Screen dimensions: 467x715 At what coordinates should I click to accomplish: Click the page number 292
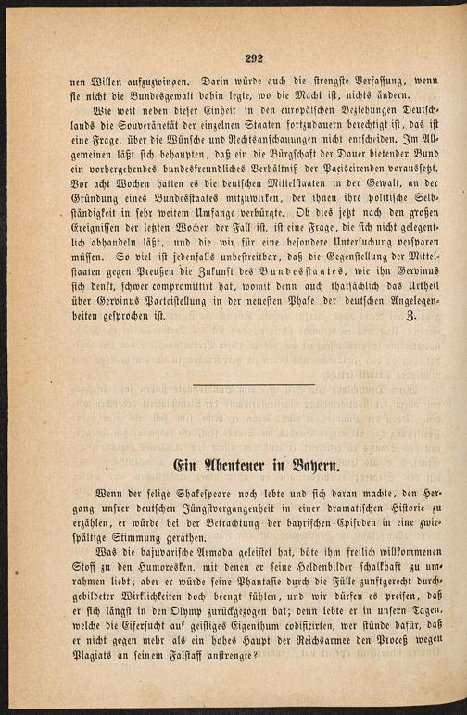255,57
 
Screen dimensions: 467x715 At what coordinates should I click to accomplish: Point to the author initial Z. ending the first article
410,315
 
